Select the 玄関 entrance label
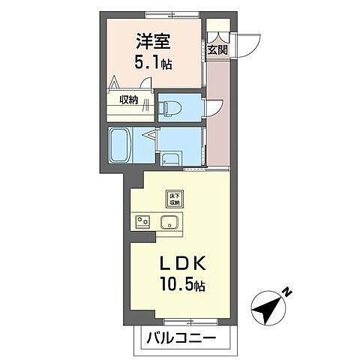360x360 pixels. [x=217, y=50]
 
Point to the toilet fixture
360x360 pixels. [x=169, y=106]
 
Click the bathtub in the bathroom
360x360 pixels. [x=121, y=145]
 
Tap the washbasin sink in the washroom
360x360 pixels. [x=171, y=157]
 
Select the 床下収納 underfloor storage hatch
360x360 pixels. [x=174, y=199]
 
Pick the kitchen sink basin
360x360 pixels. [x=169, y=221]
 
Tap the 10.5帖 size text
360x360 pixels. [x=181, y=286]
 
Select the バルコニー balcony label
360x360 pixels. [x=181, y=338]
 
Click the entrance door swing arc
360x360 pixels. [x=245, y=43]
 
